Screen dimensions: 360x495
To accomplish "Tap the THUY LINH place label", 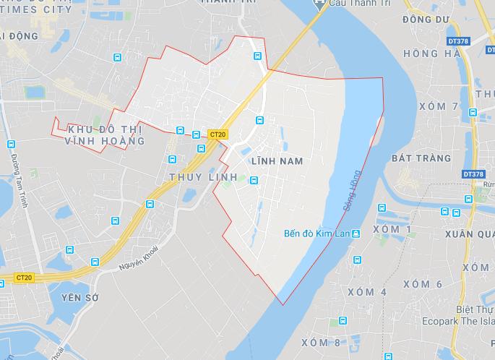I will pyautogui.click(x=193, y=177).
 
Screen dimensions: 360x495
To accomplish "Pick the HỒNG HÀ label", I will pyautogui.click(x=432, y=53).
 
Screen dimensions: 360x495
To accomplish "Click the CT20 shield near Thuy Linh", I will pyautogui.click(x=217, y=134).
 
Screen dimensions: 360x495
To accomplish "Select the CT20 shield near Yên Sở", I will pyautogui.click(x=24, y=278).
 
